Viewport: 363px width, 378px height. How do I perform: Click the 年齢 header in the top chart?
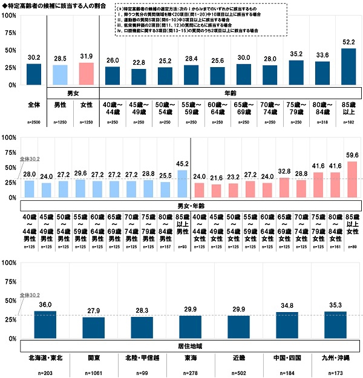pyautogui.click(x=230, y=93)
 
